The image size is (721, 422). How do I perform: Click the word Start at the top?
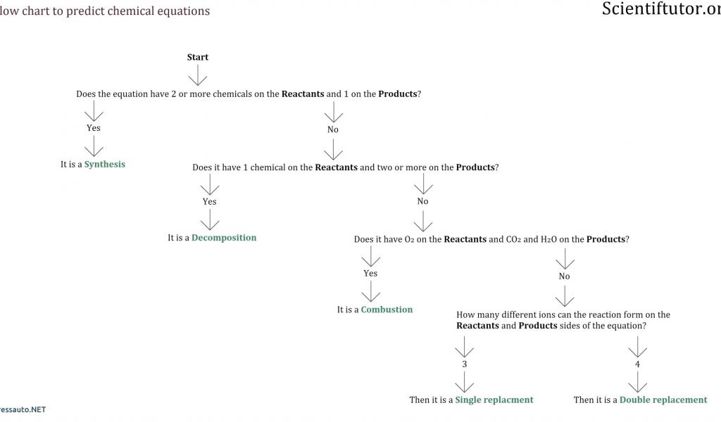click(x=198, y=57)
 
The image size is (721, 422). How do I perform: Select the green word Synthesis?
click(x=105, y=165)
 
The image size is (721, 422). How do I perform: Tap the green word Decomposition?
click(x=224, y=238)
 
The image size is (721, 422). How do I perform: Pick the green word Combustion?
click(x=387, y=309)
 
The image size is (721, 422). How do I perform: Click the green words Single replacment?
click(x=494, y=399)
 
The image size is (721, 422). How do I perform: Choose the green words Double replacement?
click(x=663, y=399)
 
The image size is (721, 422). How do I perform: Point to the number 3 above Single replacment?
click(x=464, y=364)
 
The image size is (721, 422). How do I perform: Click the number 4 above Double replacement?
click(x=637, y=364)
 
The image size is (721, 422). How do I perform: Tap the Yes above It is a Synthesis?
click(x=94, y=128)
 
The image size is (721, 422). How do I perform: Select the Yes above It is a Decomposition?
click(x=210, y=202)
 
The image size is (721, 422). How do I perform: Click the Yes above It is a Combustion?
click(x=370, y=274)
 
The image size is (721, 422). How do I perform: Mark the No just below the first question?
click(x=333, y=129)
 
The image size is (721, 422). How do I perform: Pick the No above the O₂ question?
click(x=422, y=202)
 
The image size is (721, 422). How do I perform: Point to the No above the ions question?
click(x=564, y=276)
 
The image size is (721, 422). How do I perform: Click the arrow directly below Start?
click(x=198, y=75)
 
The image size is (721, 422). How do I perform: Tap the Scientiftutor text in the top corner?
click(x=660, y=9)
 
